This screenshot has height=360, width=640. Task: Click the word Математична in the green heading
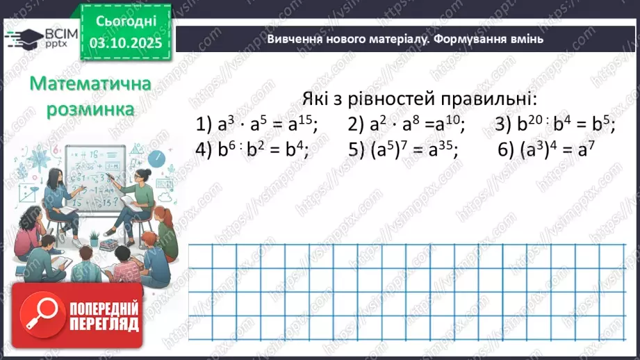(90, 85)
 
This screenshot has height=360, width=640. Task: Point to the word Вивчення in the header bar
(295, 40)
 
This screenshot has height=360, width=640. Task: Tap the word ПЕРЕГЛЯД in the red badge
(104, 325)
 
